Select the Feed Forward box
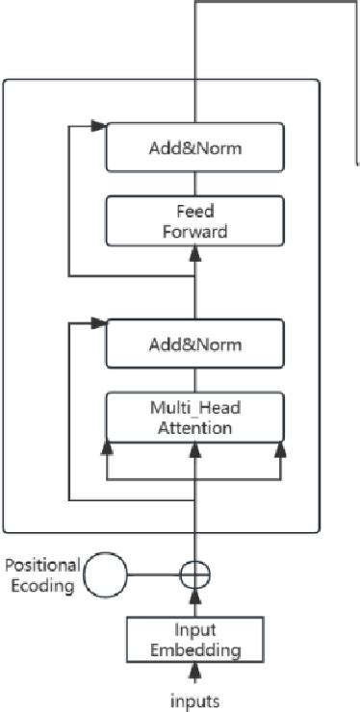(195, 220)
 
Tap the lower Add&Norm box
(195, 343)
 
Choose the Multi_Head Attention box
(195, 418)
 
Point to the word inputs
(195, 699)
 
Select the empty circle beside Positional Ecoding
(106, 575)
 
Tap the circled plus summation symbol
(195, 575)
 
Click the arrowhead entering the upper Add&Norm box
(97, 126)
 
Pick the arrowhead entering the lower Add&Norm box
(97, 326)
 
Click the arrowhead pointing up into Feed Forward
(195, 252)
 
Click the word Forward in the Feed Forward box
(195, 231)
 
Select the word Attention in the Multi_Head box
(195, 427)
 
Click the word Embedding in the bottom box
(195, 649)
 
